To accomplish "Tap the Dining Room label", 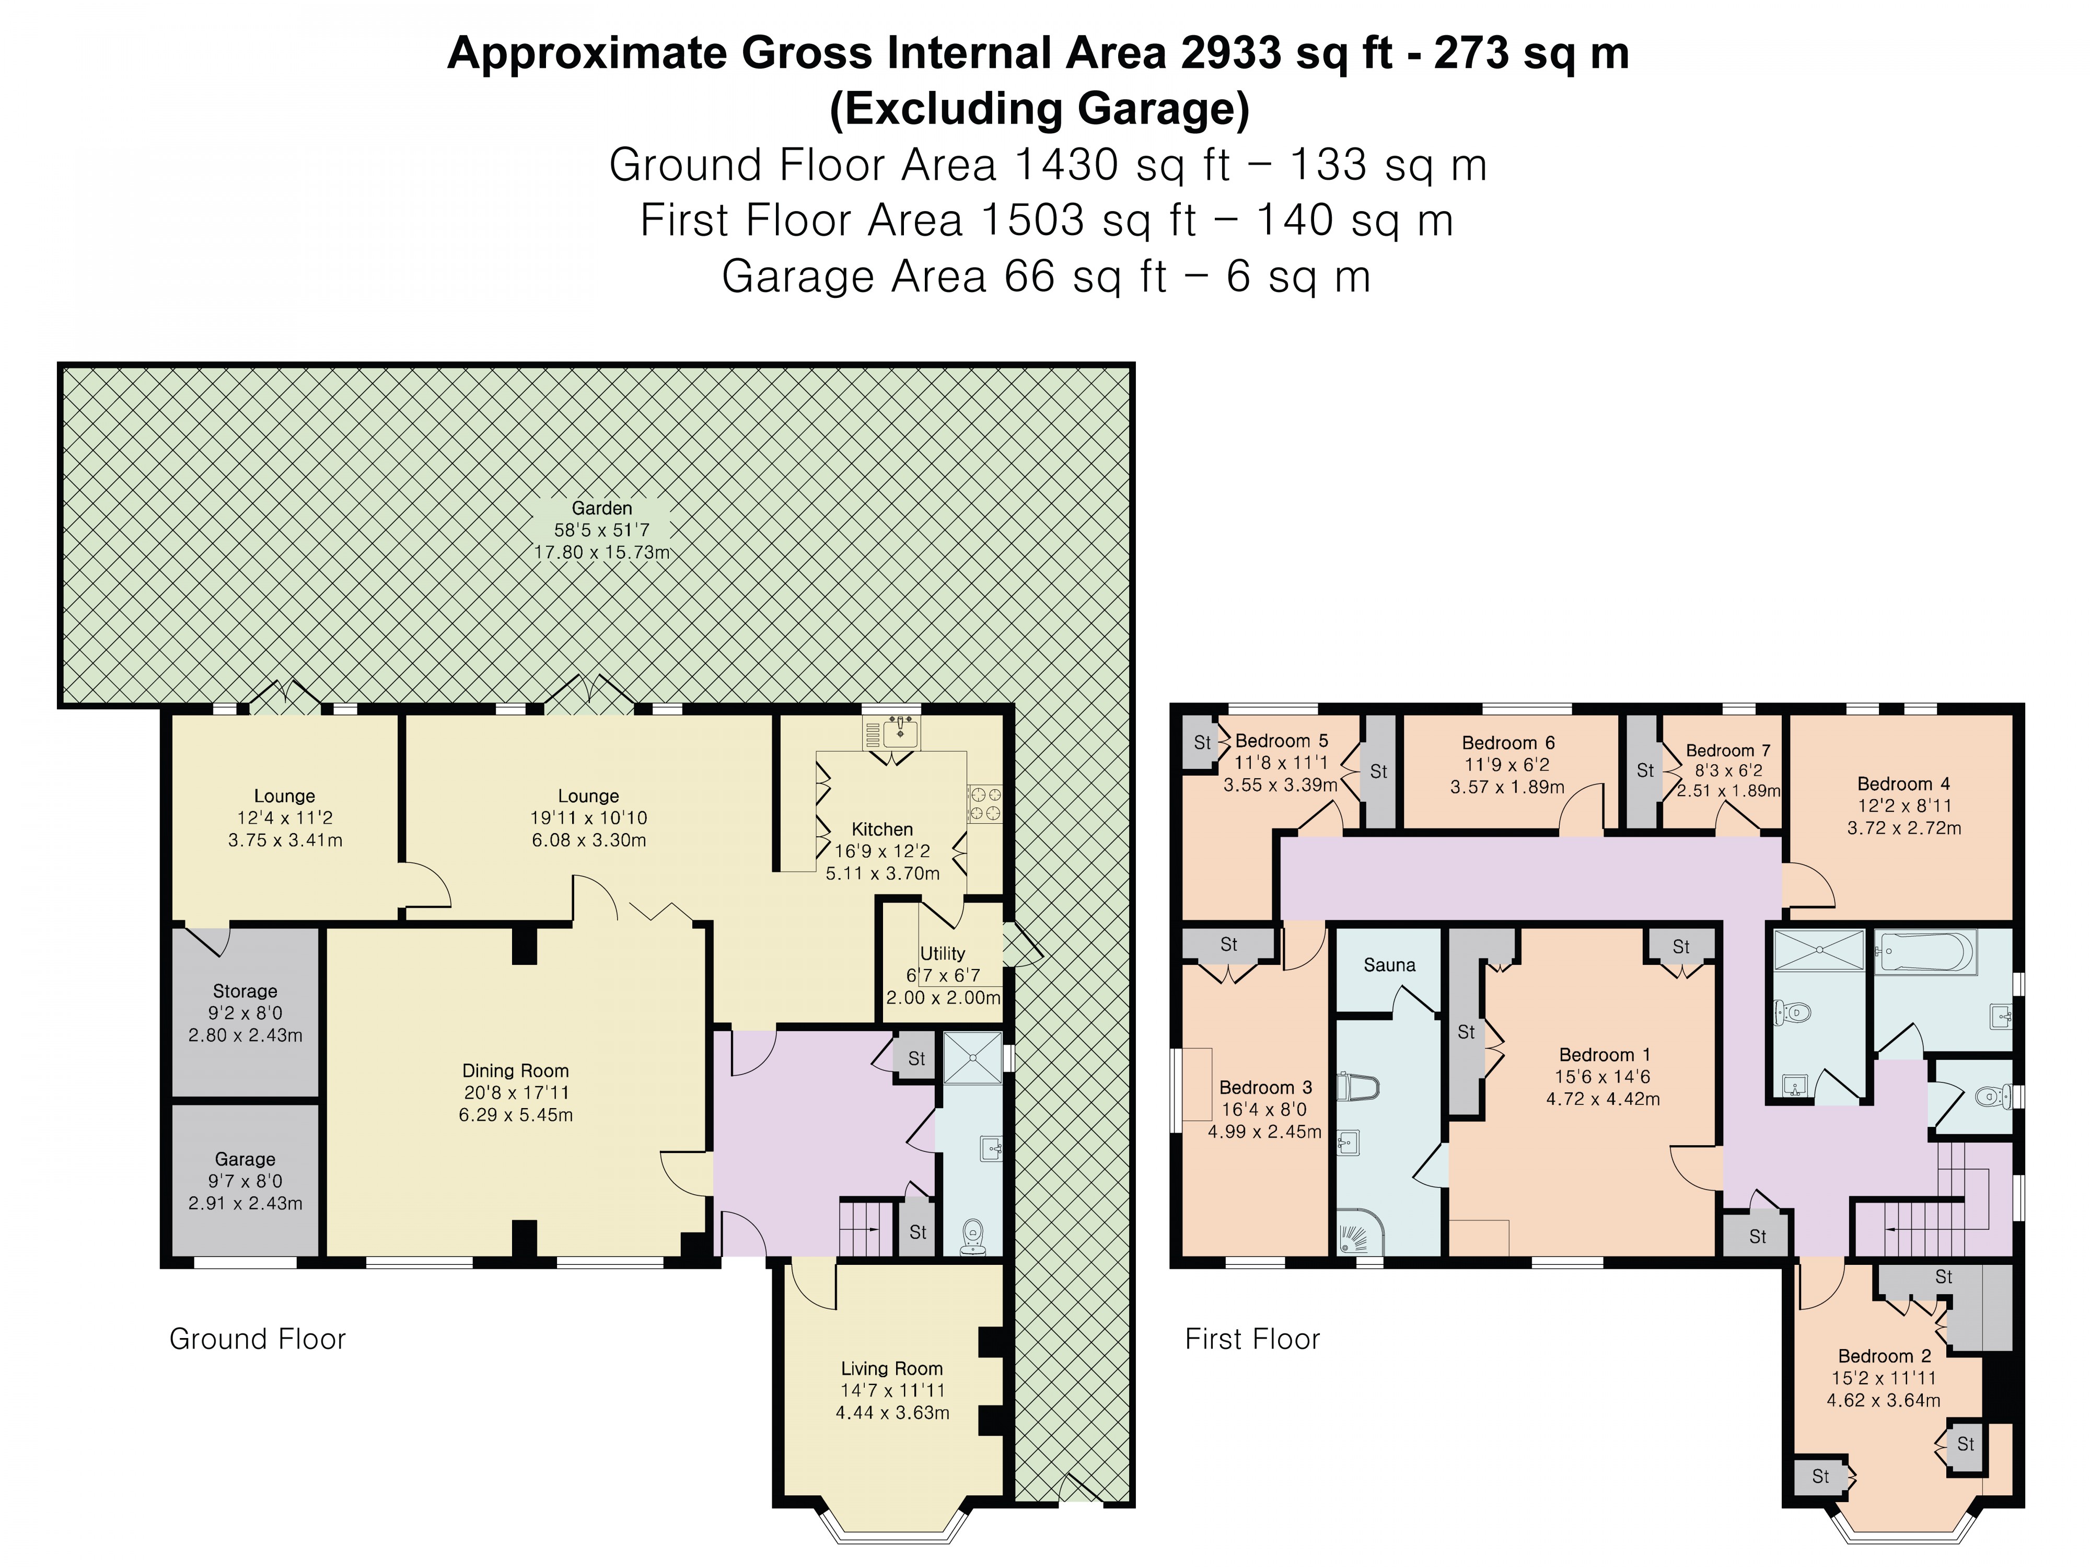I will (x=515, y=1071).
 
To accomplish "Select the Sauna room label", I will (x=1389, y=965).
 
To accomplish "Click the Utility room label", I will (x=942, y=954).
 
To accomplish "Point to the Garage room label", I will (x=245, y=1159).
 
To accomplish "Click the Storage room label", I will (x=245, y=990).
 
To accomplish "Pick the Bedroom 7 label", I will (x=1727, y=751).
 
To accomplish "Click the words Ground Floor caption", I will (x=257, y=1339).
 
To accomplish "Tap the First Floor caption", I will (x=1252, y=1339).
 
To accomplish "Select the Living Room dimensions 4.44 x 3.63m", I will (x=892, y=1413).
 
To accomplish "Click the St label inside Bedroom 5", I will (x=1202, y=743).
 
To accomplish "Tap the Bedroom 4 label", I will (x=1903, y=783).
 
